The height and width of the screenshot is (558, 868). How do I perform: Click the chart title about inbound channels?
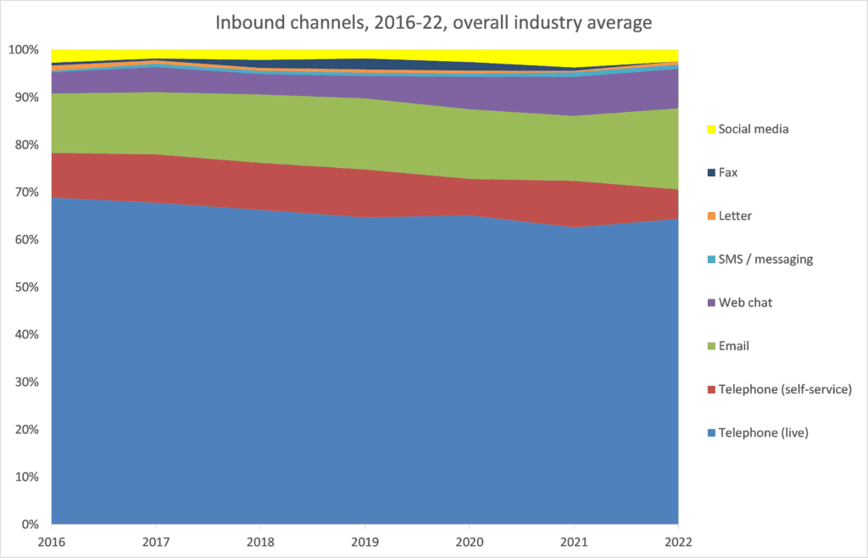(433, 23)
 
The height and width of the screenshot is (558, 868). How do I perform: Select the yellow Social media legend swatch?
(709, 129)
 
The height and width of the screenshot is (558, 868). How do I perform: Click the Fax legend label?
(728, 172)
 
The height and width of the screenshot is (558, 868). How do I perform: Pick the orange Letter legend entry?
(734, 215)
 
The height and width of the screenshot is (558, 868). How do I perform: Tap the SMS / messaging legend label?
(765, 259)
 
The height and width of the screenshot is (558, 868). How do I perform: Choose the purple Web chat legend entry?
(745, 302)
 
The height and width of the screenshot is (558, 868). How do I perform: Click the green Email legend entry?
(733, 345)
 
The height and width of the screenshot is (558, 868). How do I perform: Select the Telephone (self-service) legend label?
(784, 389)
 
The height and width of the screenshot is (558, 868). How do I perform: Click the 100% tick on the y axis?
(25, 50)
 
